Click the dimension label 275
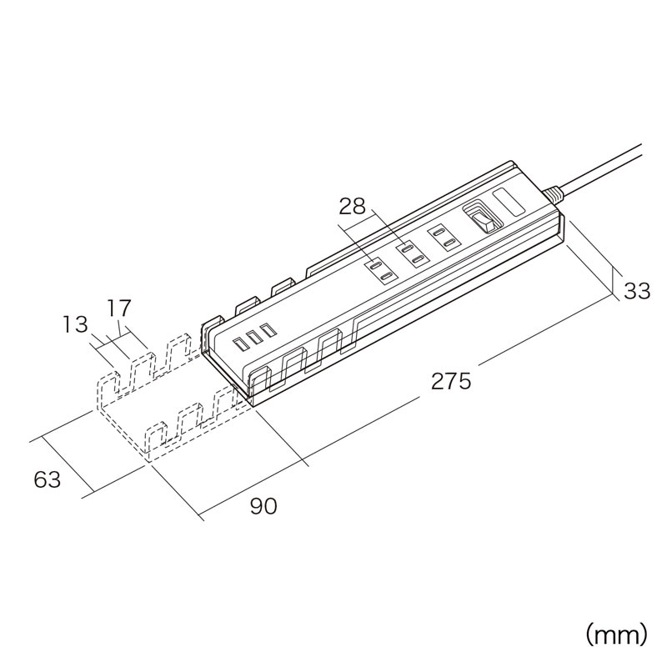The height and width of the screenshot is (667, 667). click(x=452, y=382)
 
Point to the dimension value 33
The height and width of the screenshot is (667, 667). click(x=637, y=291)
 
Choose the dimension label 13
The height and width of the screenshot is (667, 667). click(x=76, y=323)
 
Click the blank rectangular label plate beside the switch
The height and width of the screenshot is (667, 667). click(x=508, y=203)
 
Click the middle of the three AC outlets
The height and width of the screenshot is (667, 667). click(x=412, y=253)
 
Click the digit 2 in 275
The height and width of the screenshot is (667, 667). click(x=439, y=382)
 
